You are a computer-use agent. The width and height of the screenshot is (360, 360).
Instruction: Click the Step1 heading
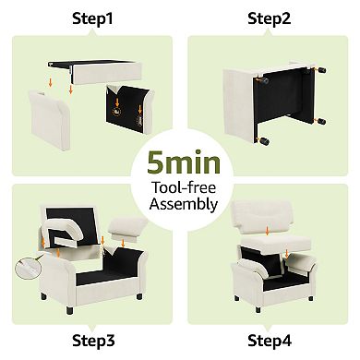[x=92, y=18]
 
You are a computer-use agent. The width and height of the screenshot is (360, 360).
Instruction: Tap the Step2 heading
[x=269, y=18]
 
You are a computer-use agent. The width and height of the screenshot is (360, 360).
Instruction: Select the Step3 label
[x=93, y=341]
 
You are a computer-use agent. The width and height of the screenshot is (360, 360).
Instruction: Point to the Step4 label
[x=270, y=341]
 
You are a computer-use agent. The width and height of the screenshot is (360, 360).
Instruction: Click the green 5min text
[x=184, y=162]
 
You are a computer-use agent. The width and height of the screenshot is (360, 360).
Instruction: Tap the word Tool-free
[x=184, y=187]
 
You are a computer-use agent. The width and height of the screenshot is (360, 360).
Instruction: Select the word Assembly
[x=184, y=204]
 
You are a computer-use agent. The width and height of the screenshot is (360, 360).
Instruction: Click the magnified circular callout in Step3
[x=28, y=268]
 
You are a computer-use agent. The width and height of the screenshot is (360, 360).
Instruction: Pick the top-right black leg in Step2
[x=322, y=70]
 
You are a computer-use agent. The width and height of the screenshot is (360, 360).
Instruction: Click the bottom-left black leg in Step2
[x=264, y=141]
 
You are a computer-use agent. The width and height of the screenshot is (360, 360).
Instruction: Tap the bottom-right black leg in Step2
[x=321, y=121]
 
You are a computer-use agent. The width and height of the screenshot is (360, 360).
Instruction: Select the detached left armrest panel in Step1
[x=50, y=120]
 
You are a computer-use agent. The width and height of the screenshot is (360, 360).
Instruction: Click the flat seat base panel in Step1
[x=95, y=72]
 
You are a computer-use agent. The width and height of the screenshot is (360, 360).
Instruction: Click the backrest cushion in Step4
[x=262, y=216]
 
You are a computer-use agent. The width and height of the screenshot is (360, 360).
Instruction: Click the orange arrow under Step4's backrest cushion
[x=267, y=231]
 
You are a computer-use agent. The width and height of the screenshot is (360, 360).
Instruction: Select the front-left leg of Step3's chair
[x=69, y=310]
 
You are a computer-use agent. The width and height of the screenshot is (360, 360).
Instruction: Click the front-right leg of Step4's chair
[x=310, y=298]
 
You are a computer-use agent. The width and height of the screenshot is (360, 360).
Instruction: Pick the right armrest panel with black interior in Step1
[x=129, y=109]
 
